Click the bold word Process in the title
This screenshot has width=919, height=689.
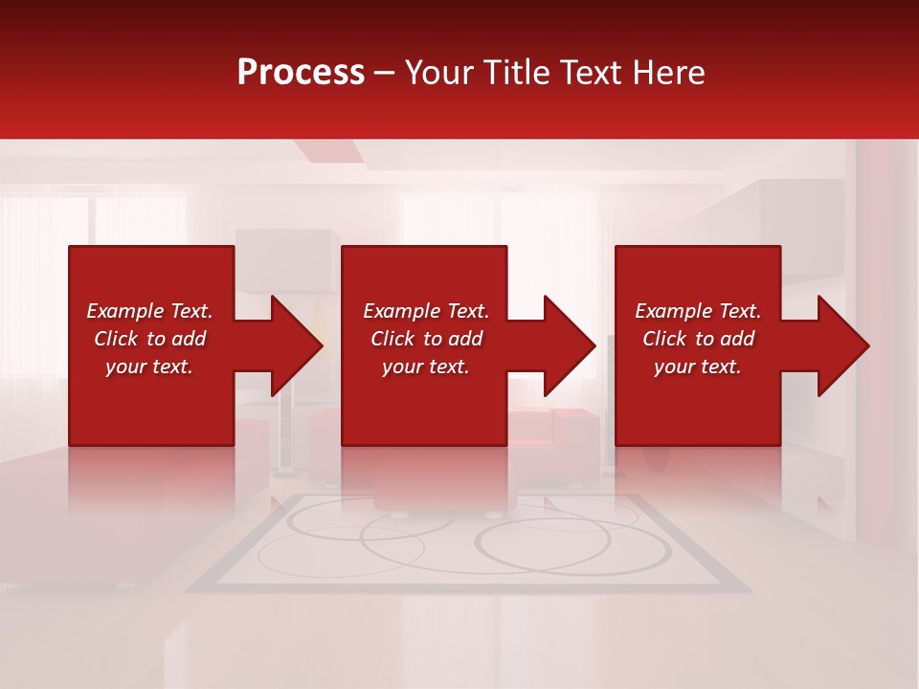click(301, 73)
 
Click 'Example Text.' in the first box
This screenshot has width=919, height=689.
click(149, 311)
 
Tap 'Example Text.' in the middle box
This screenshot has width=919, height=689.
click(425, 311)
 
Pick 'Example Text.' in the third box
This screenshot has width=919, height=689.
click(698, 311)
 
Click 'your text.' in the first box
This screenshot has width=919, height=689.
click(149, 367)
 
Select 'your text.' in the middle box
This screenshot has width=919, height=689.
click(425, 367)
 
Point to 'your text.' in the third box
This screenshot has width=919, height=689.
click(698, 367)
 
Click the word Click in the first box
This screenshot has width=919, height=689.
click(117, 339)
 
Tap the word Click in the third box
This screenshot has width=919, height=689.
click(665, 339)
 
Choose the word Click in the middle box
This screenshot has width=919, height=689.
click(393, 339)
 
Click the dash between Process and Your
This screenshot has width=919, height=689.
click(384, 74)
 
